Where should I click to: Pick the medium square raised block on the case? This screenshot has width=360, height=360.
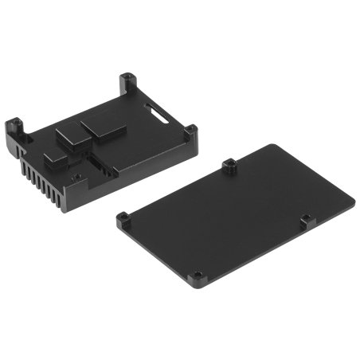(x=72, y=135)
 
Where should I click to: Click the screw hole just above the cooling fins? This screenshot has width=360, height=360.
(x=76, y=177)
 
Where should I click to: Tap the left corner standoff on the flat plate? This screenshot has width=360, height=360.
(x=125, y=218)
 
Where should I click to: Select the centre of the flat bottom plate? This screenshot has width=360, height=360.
(x=239, y=215)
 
